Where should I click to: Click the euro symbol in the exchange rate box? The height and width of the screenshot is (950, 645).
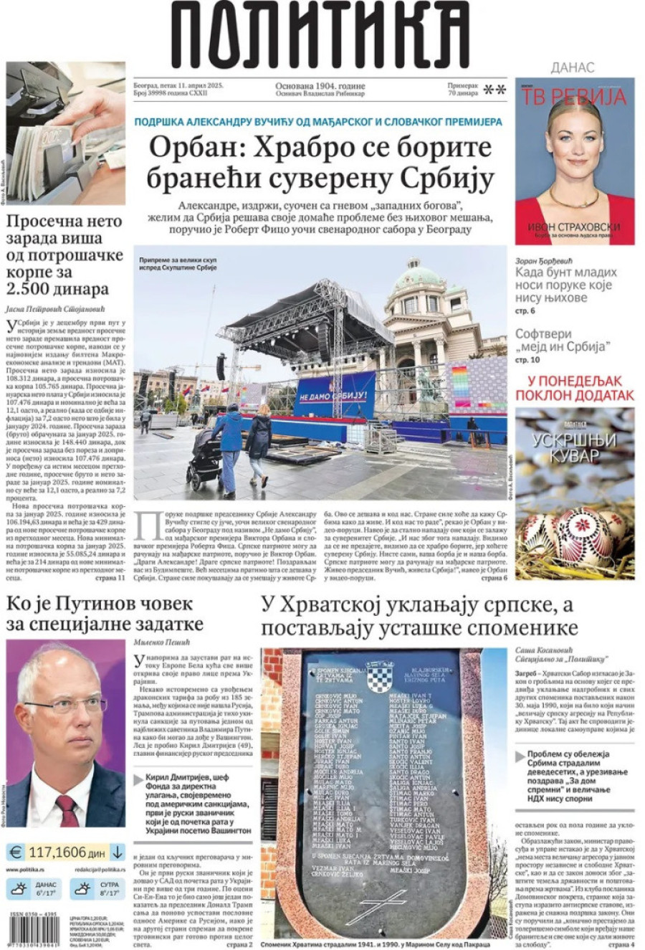coord(16,852)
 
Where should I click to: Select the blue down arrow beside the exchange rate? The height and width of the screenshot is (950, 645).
coord(117,852)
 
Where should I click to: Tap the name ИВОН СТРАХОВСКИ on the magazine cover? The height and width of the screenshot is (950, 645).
coord(573,227)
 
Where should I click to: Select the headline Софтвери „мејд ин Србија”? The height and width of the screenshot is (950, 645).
coord(563,341)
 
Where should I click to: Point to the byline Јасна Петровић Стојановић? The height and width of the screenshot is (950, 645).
coord(56,310)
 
